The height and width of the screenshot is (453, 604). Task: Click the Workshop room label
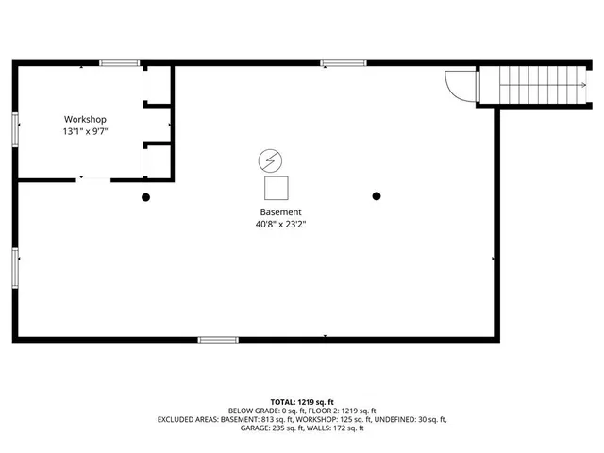(85, 119)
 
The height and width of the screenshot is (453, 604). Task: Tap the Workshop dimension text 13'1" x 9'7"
(85, 132)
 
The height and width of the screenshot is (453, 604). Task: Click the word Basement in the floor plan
(281, 211)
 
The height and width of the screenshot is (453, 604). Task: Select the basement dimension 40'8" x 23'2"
(281, 225)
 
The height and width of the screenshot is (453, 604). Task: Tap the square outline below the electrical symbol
(277, 187)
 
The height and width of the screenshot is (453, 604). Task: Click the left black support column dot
(145, 197)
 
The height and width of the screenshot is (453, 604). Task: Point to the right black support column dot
(377, 196)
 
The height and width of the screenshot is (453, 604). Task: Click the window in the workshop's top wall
(120, 63)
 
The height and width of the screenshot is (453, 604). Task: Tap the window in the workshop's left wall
(14, 128)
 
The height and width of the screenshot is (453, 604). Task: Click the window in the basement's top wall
(344, 63)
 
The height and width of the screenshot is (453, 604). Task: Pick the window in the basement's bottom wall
(218, 339)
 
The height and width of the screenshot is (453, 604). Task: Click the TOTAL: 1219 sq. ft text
(302, 401)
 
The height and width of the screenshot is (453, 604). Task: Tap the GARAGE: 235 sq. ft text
(266, 428)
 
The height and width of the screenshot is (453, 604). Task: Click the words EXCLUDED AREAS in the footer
(193, 419)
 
